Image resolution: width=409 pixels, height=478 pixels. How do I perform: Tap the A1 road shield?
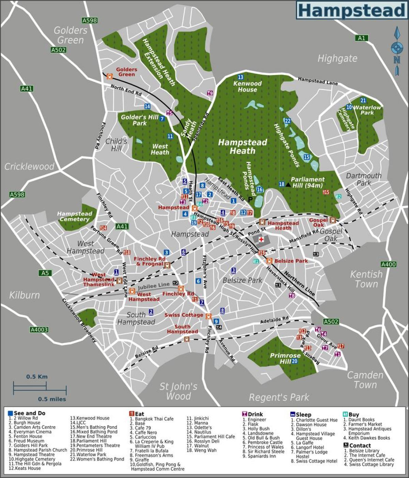click(x=362, y=38)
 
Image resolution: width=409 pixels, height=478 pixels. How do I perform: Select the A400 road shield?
click(x=388, y=264)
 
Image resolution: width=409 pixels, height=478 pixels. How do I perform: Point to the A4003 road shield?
click(x=39, y=330)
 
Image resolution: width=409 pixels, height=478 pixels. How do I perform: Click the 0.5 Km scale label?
click(x=37, y=377)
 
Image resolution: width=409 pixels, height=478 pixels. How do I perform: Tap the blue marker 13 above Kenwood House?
click(x=241, y=77)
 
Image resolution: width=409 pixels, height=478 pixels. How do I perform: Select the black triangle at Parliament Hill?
click(x=288, y=185)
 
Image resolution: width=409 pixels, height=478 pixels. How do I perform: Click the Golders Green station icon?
click(x=109, y=76)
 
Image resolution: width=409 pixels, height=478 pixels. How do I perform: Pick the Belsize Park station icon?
click(x=269, y=261)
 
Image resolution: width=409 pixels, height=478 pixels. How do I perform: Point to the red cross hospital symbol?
click(x=261, y=240)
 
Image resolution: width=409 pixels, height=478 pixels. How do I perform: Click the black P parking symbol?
click(x=251, y=200)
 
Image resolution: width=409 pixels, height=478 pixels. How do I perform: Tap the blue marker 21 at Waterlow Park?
click(x=363, y=100)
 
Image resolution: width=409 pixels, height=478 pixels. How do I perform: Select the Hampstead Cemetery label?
click(x=74, y=216)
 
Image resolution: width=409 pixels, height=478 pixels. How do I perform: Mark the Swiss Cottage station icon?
click(x=209, y=316)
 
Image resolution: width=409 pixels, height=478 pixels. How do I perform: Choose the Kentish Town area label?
click(x=366, y=279)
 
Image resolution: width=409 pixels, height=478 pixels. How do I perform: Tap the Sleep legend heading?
click(x=303, y=415)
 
